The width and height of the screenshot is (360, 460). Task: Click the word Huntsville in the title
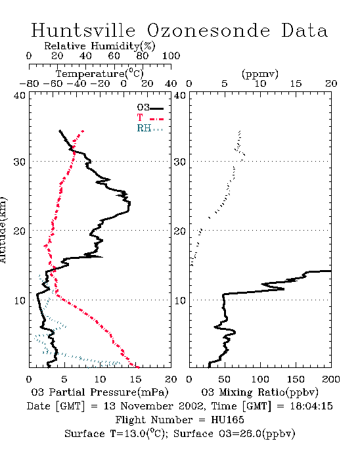tap(83, 30)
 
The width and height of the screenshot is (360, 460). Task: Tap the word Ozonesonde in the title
tap(208, 30)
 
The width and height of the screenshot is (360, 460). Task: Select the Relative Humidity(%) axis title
tap(100, 46)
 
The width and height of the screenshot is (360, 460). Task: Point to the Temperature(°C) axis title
tap(100, 74)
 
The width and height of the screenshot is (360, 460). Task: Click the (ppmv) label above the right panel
tap(260, 74)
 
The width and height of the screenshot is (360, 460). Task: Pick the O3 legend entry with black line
tap(150, 108)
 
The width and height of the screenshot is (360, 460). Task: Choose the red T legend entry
tap(150, 118)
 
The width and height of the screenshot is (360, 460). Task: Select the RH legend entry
tap(150, 128)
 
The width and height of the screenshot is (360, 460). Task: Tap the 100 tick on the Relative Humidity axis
tap(171, 55)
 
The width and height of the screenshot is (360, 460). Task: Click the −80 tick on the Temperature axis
tap(29, 83)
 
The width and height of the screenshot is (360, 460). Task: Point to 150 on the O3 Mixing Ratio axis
tap(296, 379)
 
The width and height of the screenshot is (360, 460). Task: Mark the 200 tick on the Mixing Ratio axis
tap(331, 379)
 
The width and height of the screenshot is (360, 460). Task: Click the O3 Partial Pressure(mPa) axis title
tap(100, 392)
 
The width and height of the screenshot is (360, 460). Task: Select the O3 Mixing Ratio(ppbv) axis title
tap(259, 392)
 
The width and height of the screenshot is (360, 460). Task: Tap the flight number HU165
tap(227, 420)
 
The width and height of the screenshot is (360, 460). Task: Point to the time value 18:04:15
tap(311, 406)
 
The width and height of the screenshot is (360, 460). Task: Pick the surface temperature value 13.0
tap(134, 434)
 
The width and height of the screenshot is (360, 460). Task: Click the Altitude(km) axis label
tap(3, 231)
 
